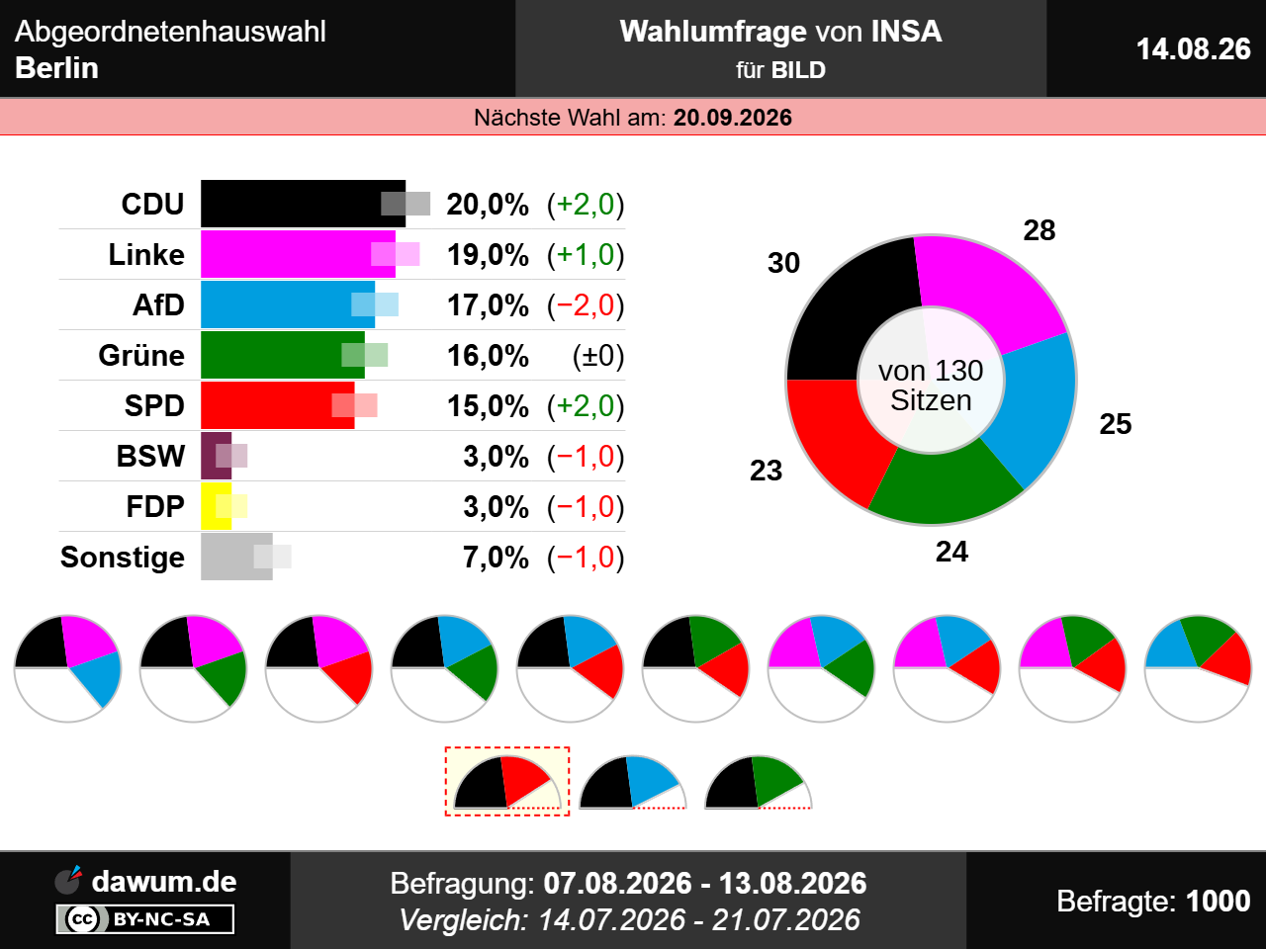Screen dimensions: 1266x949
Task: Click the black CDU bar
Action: [303, 204]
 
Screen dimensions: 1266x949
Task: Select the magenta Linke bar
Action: [298, 254]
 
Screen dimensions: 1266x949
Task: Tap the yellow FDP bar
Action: [216, 506]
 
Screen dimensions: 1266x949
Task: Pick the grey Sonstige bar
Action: [236, 556]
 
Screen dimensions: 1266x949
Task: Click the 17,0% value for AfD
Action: [488, 304]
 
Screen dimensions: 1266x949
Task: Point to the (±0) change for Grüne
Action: [598, 356]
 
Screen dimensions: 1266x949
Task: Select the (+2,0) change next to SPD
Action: [586, 405]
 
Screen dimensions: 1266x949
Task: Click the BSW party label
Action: [150, 456]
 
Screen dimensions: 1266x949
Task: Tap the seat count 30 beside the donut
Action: [783, 263]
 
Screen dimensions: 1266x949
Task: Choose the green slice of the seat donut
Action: [946, 484]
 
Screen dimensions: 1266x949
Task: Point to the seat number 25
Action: [1116, 424]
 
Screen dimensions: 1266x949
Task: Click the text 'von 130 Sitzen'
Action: [931, 385]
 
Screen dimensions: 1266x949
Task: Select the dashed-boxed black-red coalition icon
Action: [507, 781]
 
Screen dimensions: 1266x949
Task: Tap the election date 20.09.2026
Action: [733, 118]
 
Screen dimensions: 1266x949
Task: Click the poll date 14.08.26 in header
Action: [1194, 49]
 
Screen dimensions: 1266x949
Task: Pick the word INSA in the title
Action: [906, 31]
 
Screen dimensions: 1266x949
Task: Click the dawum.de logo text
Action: [164, 882]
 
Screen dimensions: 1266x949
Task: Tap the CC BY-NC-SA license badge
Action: [144, 918]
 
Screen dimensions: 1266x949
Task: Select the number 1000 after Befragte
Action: [1219, 901]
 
